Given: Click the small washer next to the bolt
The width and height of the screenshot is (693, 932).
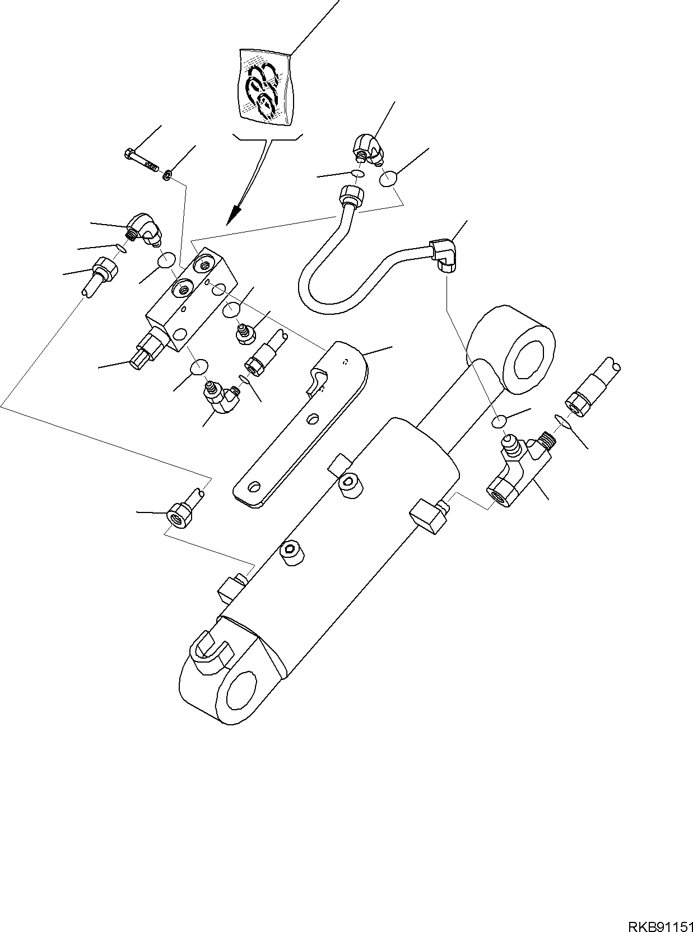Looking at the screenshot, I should pos(167,176).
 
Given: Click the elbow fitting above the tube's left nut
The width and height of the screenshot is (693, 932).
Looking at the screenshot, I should pos(369,147).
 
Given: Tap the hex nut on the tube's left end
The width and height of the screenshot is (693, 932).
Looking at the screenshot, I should pos(351,196).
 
